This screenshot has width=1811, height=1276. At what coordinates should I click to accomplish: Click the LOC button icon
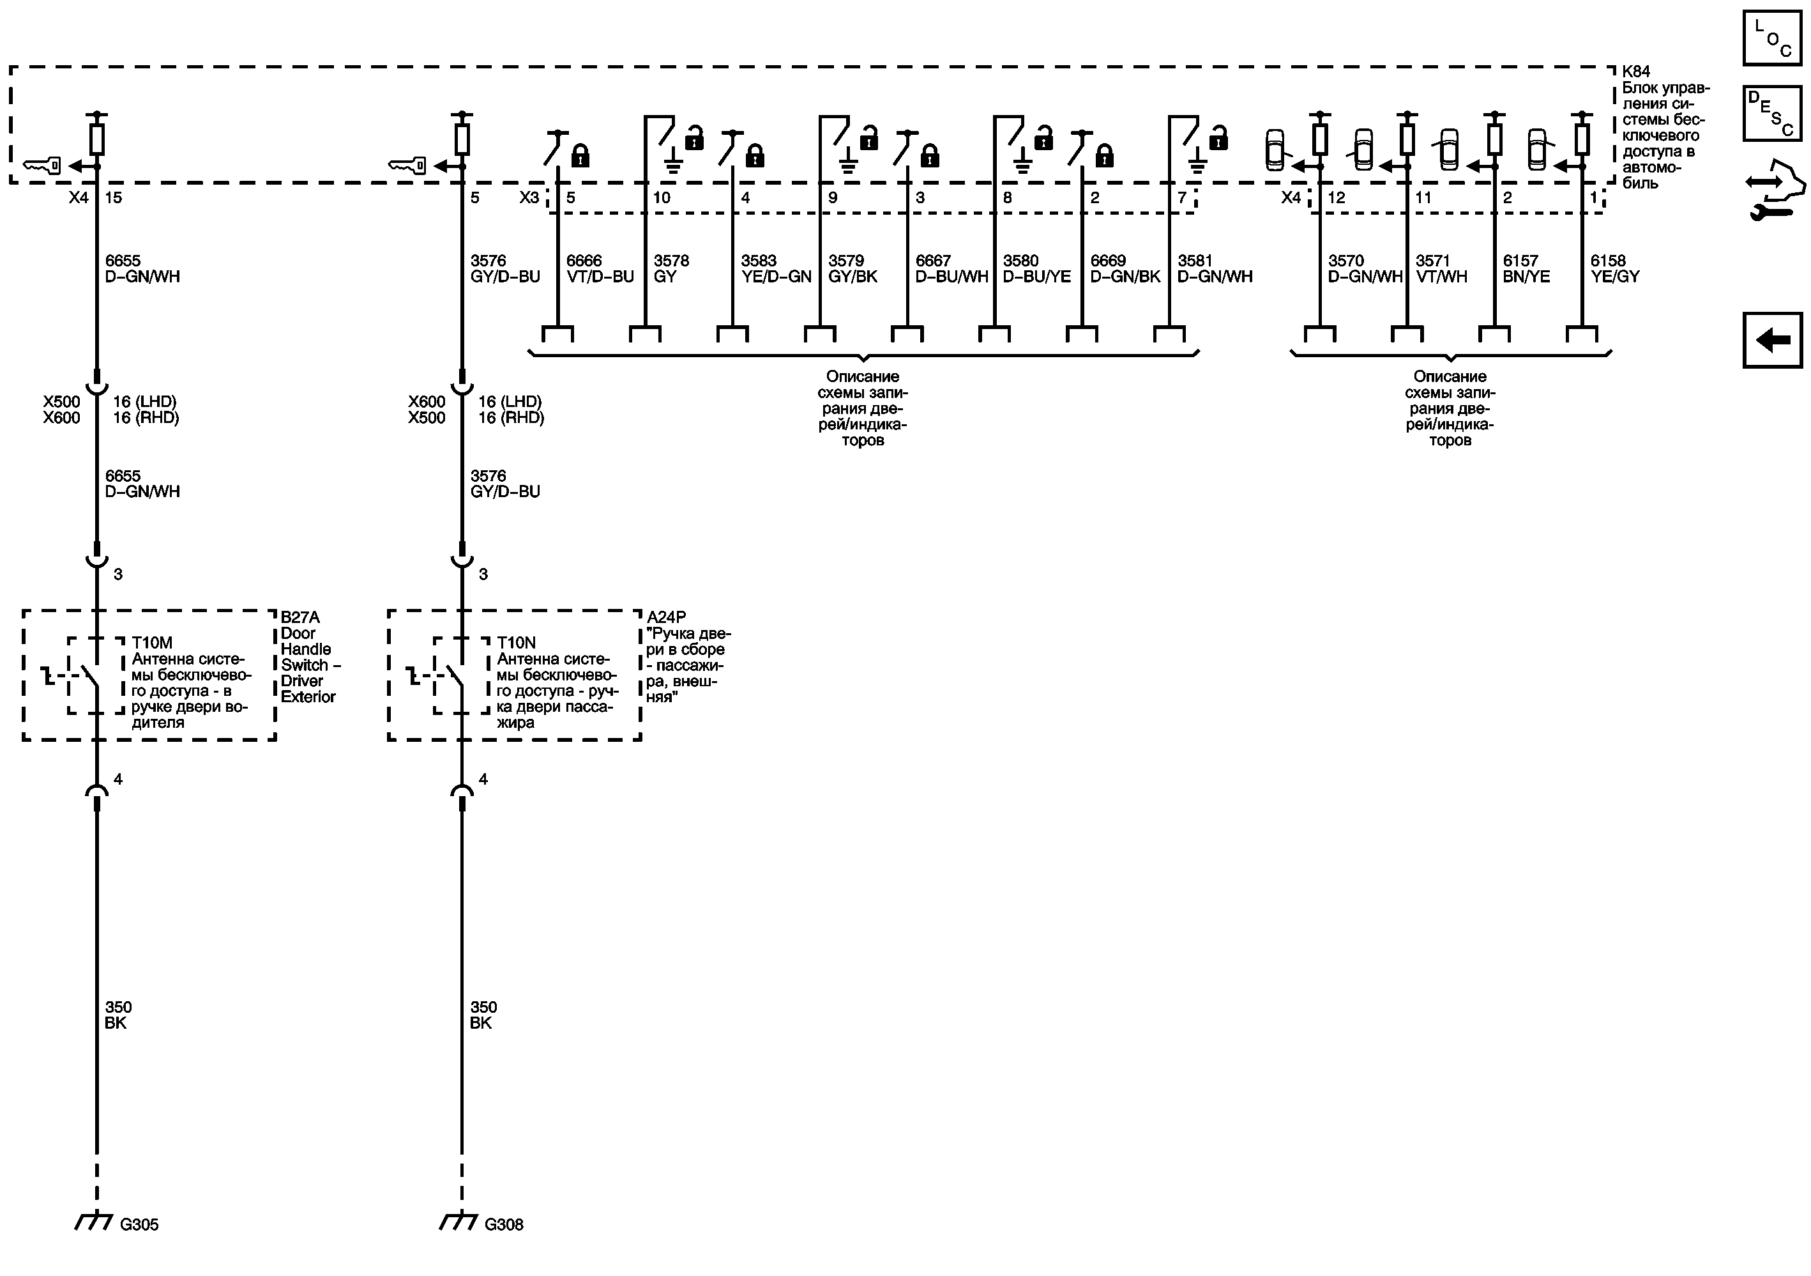(x=1772, y=38)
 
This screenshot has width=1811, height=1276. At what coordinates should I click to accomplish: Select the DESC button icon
(x=1772, y=114)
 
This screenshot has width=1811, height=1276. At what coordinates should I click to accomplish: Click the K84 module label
(x=1635, y=72)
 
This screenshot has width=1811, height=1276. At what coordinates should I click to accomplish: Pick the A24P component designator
(x=667, y=617)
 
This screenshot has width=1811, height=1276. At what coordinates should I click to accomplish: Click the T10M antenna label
(x=152, y=643)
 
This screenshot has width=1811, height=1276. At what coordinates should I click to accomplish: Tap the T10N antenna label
(x=517, y=643)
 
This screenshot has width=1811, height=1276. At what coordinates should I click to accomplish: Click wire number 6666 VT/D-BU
(x=600, y=268)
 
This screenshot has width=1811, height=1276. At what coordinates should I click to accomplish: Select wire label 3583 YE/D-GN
(x=775, y=268)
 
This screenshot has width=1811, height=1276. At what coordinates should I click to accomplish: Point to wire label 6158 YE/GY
(x=1614, y=268)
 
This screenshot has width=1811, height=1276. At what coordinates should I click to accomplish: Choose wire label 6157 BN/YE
(x=1526, y=268)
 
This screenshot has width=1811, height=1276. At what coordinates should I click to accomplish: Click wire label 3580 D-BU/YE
(x=1036, y=268)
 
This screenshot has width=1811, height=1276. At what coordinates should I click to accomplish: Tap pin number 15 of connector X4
(x=114, y=197)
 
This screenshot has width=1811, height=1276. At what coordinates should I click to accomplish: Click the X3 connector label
(x=529, y=197)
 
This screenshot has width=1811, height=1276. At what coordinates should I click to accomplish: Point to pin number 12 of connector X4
(x=1336, y=197)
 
